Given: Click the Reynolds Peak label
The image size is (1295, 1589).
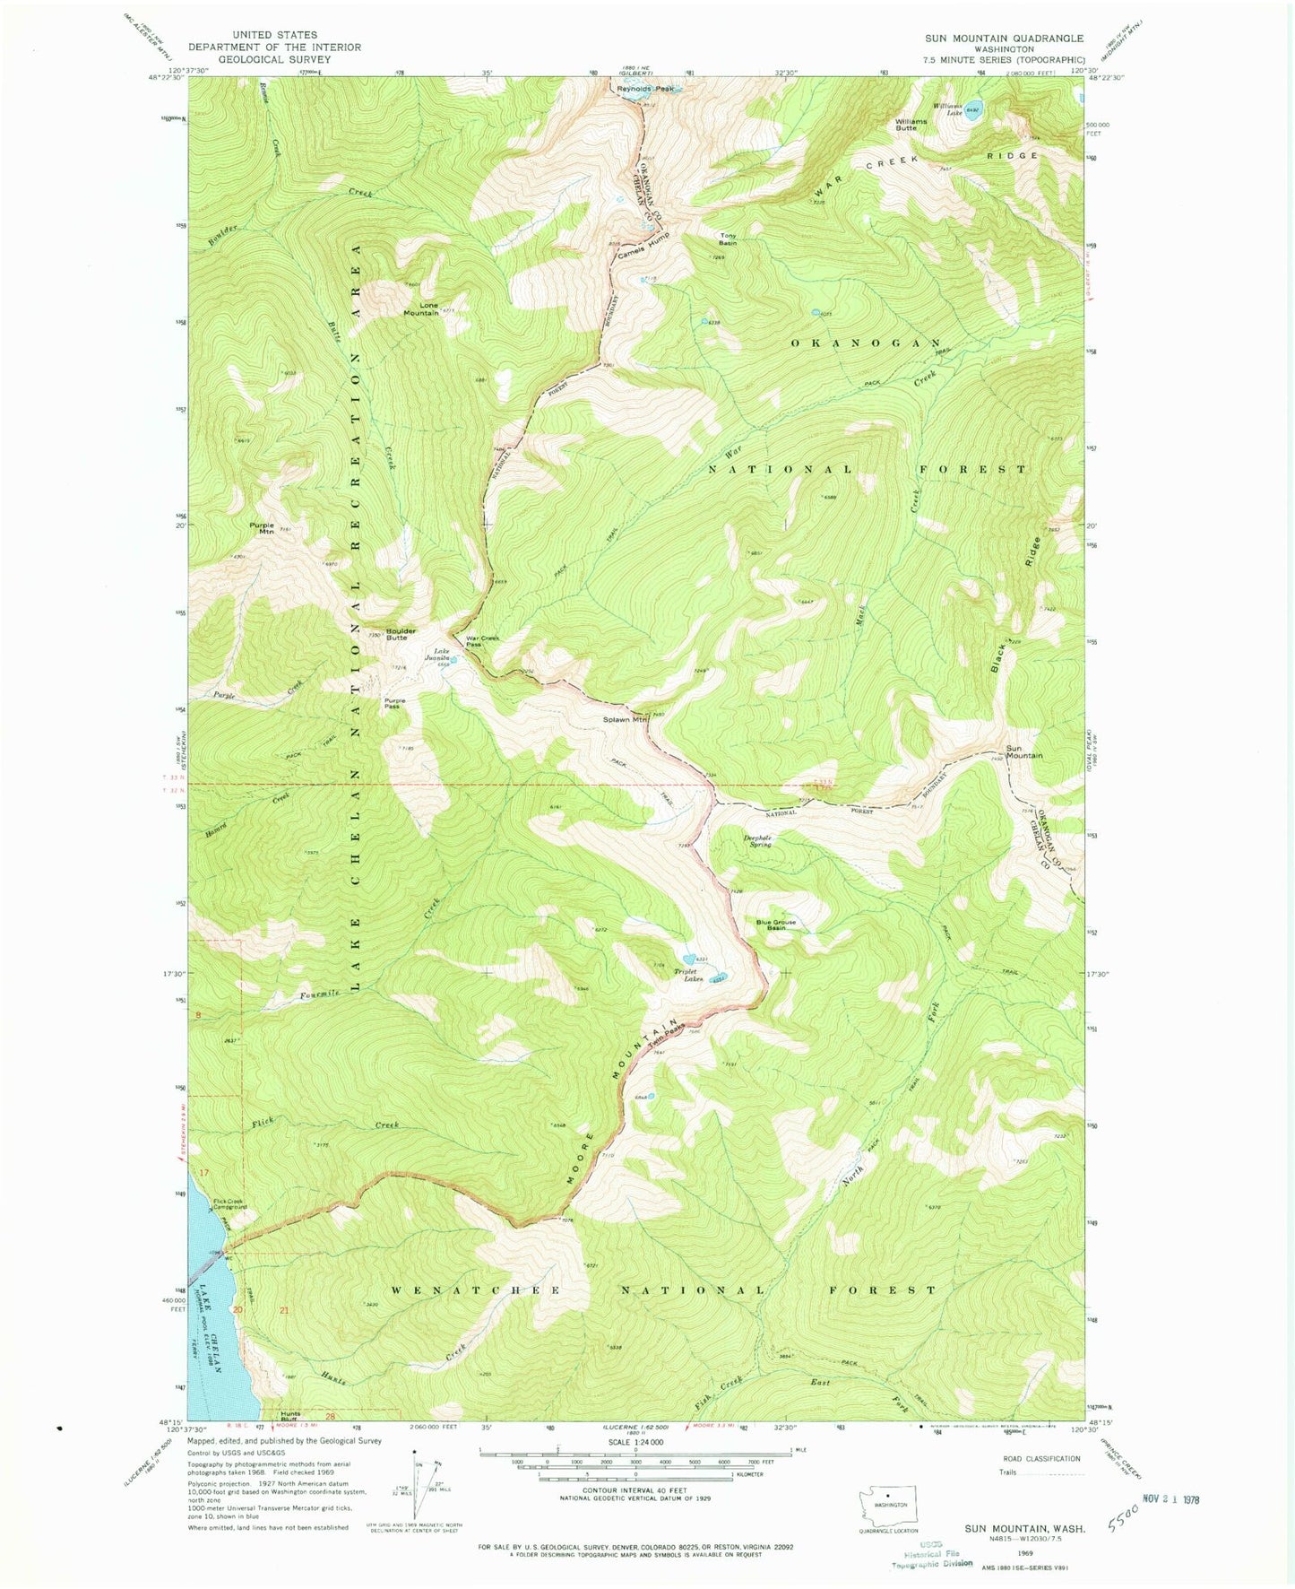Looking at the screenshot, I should [643, 88].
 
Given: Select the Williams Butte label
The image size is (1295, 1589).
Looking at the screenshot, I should [906, 125].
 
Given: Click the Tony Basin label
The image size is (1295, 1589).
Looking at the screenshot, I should [728, 239].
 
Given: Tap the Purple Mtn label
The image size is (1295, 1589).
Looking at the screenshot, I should [262, 528].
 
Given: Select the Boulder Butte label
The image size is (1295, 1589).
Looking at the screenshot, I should [401, 634].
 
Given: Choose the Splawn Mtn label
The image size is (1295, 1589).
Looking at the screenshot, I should [625, 719].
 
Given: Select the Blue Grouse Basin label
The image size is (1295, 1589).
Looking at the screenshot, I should [775, 925].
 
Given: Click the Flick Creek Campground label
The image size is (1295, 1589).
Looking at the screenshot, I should [228, 1204].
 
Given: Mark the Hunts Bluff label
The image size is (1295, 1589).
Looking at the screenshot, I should [289, 1416].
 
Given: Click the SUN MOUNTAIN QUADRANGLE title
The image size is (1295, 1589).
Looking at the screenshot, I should [1004, 39].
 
